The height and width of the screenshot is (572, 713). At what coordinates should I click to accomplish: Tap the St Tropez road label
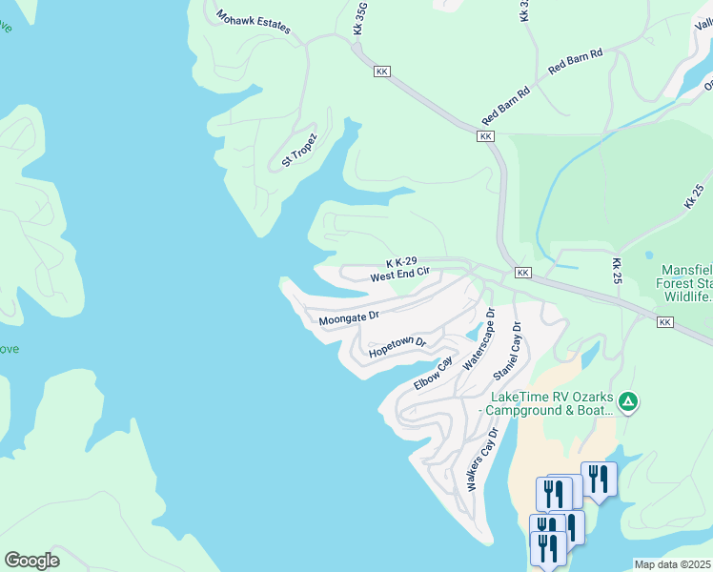[x=298, y=150]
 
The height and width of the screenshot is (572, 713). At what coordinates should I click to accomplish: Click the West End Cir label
[x=400, y=276]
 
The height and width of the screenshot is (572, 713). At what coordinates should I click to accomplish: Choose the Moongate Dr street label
[x=349, y=317]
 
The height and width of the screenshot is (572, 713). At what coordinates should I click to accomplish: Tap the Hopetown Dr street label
[x=397, y=346]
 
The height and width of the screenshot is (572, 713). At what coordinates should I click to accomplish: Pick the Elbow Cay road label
[x=432, y=373]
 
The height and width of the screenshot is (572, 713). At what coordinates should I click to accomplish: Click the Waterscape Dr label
[x=479, y=339]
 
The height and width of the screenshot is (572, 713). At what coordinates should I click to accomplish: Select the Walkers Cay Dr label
[x=481, y=459]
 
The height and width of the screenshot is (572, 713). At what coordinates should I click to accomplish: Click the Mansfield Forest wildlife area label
[x=683, y=283]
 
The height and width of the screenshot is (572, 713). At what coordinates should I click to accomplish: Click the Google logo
[x=31, y=560]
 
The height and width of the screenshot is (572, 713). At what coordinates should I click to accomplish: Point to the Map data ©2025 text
[x=672, y=564]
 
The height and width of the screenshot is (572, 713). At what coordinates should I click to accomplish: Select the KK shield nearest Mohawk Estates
[x=383, y=71]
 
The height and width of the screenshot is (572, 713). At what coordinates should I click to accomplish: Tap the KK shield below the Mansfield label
[x=664, y=323]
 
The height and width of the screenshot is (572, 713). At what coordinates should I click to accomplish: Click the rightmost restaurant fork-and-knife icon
[x=599, y=480]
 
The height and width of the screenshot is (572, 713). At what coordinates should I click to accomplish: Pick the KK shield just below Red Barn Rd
[x=486, y=137]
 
